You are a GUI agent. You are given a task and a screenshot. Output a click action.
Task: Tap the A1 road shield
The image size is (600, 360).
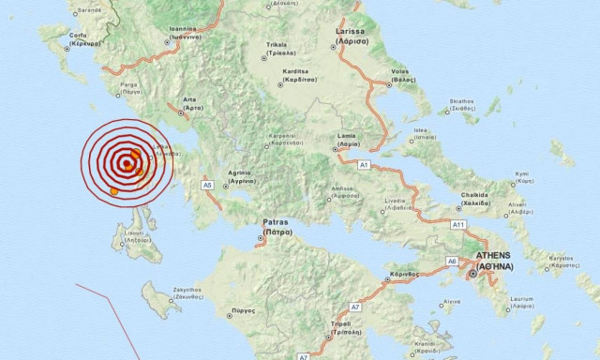(x=364, y=164)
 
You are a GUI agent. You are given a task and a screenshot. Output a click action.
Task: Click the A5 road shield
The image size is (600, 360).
(x=207, y=185)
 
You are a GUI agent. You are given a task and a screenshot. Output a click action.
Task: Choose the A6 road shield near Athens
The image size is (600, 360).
(x=452, y=262)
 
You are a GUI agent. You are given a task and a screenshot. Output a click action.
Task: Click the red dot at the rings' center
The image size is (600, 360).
(x=127, y=167)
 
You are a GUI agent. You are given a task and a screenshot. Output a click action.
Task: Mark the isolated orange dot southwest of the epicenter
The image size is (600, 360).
(x=114, y=191)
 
